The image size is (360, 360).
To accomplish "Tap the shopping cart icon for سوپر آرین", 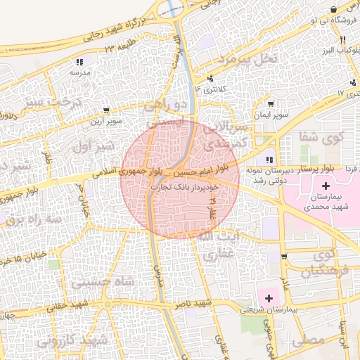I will coord(105,110).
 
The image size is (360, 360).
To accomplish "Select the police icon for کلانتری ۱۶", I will coord(210,79).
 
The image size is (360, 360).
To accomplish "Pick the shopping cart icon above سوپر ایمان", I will coord(270,103).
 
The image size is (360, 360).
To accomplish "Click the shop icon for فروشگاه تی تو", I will coord(333,8).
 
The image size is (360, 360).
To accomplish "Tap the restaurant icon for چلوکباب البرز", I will coord(342,39).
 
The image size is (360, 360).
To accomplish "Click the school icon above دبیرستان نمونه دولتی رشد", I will coord(270,161).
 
